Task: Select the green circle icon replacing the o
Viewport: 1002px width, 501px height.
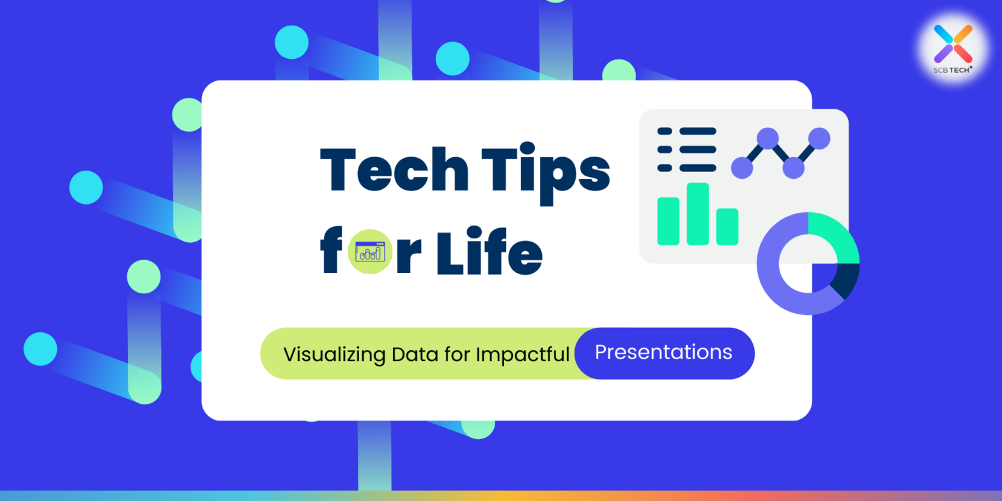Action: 369,252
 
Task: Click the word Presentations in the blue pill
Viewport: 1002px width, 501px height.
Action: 663,352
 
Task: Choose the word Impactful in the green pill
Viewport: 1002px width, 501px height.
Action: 522,354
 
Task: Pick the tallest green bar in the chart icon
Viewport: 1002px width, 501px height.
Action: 698,213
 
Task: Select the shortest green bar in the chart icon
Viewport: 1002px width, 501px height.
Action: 727,226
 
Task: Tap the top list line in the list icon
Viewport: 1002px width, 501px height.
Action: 697,131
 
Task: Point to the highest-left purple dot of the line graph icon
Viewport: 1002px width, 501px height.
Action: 767,138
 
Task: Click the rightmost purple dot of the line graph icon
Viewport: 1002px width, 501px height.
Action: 819,138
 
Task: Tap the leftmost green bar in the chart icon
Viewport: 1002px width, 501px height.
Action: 668,220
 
